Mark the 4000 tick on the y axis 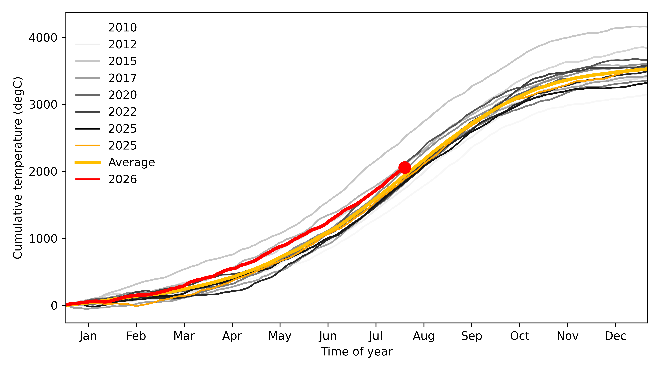(x=43, y=38)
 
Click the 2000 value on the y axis (x=43, y=171)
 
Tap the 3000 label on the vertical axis (x=43, y=104)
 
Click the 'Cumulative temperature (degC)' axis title (x=18, y=168)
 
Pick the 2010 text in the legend (x=123, y=27)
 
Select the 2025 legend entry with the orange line (x=123, y=145)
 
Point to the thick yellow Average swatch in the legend (x=88, y=162)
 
